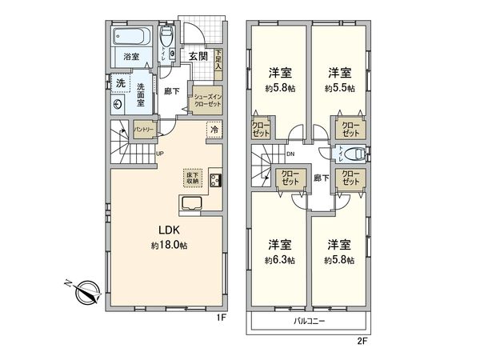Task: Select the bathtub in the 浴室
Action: tap(130, 37)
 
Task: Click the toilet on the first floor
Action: tap(166, 39)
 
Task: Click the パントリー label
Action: tap(144, 129)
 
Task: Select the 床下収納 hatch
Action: tap(194, 178)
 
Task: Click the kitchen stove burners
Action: tap(215, 179)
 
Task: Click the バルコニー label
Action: tap(310, 321)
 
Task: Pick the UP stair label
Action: tap(160, 154)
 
